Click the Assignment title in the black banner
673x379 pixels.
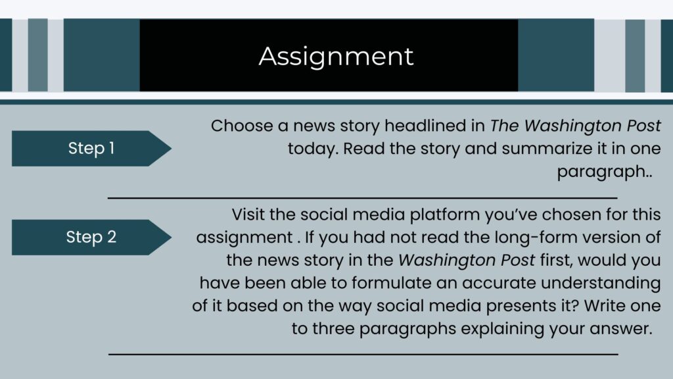[336, 57]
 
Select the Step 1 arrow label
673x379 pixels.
[91, 148]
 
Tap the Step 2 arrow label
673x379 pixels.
[91, 237]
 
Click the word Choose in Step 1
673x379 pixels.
[242, 126]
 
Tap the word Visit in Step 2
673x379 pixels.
[248, 215]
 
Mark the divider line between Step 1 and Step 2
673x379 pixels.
[363, 198]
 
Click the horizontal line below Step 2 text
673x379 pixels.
[363, 355]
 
